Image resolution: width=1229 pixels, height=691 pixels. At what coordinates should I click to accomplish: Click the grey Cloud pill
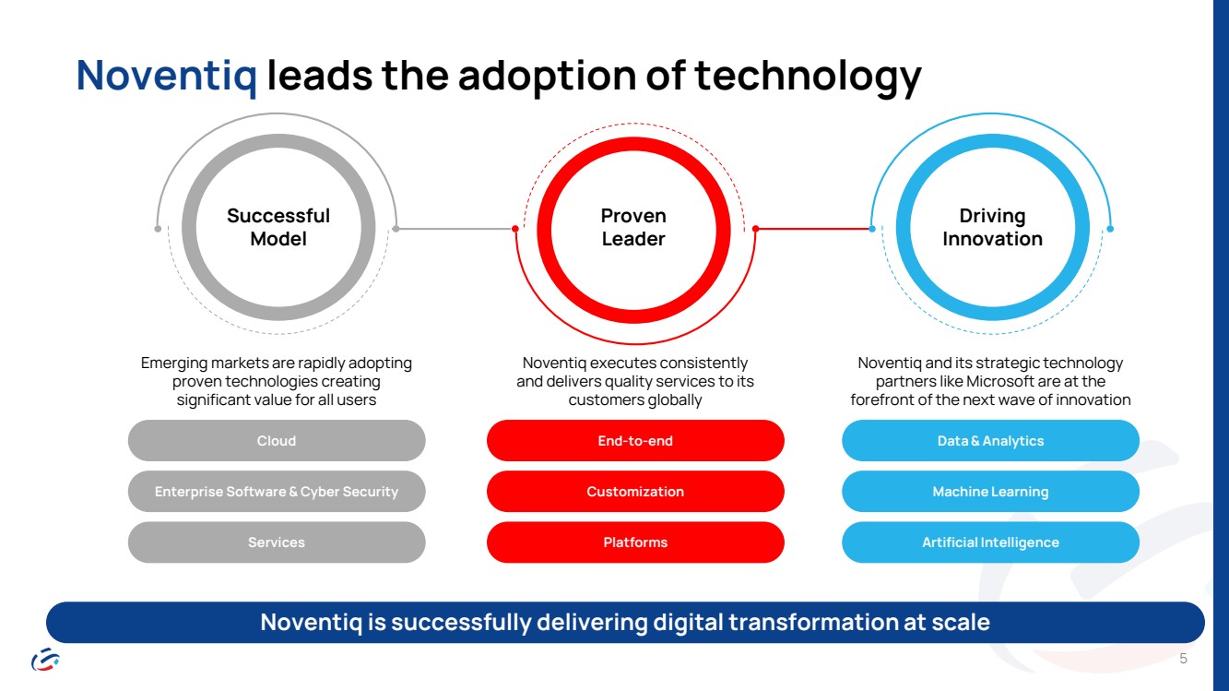pyautogui.click(x=277, y=441)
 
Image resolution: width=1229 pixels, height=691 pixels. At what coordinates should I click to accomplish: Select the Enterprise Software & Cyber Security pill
pyautogui.click(x=277, y=492)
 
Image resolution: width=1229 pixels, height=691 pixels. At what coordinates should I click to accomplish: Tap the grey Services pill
pyautogui.click(x=277, y=542)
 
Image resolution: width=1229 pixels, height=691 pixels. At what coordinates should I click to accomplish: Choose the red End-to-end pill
pyautogui.click(x=635, y=441)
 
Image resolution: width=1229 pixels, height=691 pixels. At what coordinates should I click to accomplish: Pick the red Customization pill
pyautogui.click(x=635, y=492)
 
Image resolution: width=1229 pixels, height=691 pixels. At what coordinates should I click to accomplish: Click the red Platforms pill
pyautogui.click(x=635, y=542)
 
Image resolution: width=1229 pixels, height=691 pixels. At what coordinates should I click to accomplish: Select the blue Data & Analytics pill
pyautogui.click(x=990, y=441)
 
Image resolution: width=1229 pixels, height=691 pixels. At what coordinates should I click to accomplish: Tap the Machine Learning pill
pyautogui.click(x=990, y=492)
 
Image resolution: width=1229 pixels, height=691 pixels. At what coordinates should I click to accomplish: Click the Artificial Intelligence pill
pyautogui.click(x=990, y=542)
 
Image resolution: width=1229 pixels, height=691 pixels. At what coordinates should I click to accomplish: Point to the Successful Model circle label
pyautogui.click(x=278, y=227)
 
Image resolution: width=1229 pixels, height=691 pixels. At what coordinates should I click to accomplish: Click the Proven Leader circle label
pyautogui.click(x=633, y=227)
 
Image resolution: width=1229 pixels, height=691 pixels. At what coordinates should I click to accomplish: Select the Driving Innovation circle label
pyautogui.click(x=992, y=227)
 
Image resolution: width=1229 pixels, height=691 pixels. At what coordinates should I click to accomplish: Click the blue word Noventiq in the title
pyautogui.click(x=167, y=76)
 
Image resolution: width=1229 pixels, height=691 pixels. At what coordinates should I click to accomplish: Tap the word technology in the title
pyautogui.click(x=808, y=76)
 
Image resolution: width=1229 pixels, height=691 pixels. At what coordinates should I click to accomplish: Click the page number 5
pyautogui.click(x=1184, y=659)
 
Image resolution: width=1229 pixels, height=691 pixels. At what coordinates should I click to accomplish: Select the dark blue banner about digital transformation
pyautogui.click(x=625, y=623)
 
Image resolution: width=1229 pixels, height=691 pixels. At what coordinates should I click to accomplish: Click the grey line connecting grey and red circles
pyautogui.click(x=455, y=229)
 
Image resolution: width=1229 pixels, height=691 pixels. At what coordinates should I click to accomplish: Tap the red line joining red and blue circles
pyautogui.click(x=813, y=229)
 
